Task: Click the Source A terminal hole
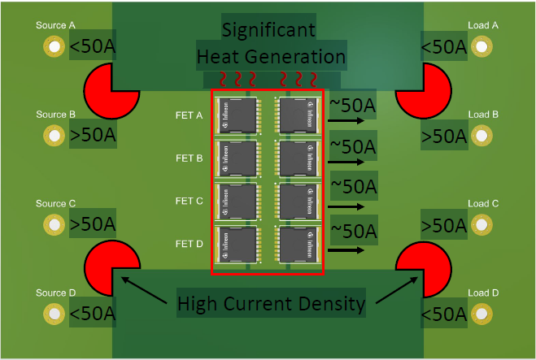(x=54, y=46)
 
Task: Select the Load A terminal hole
(x=483, y=46)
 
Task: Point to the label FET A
(x=189, y=115)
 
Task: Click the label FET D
(x=189, y=244)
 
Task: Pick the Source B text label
(x=55, y=115)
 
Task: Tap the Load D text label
(x=483, y=293)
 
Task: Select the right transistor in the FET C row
(x=299, y=201)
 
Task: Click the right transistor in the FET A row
(x=299, y=115)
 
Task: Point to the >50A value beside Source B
(x=93, y=136)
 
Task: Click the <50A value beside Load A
(x=444, y=47)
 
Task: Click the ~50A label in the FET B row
(x=353, y=147)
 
